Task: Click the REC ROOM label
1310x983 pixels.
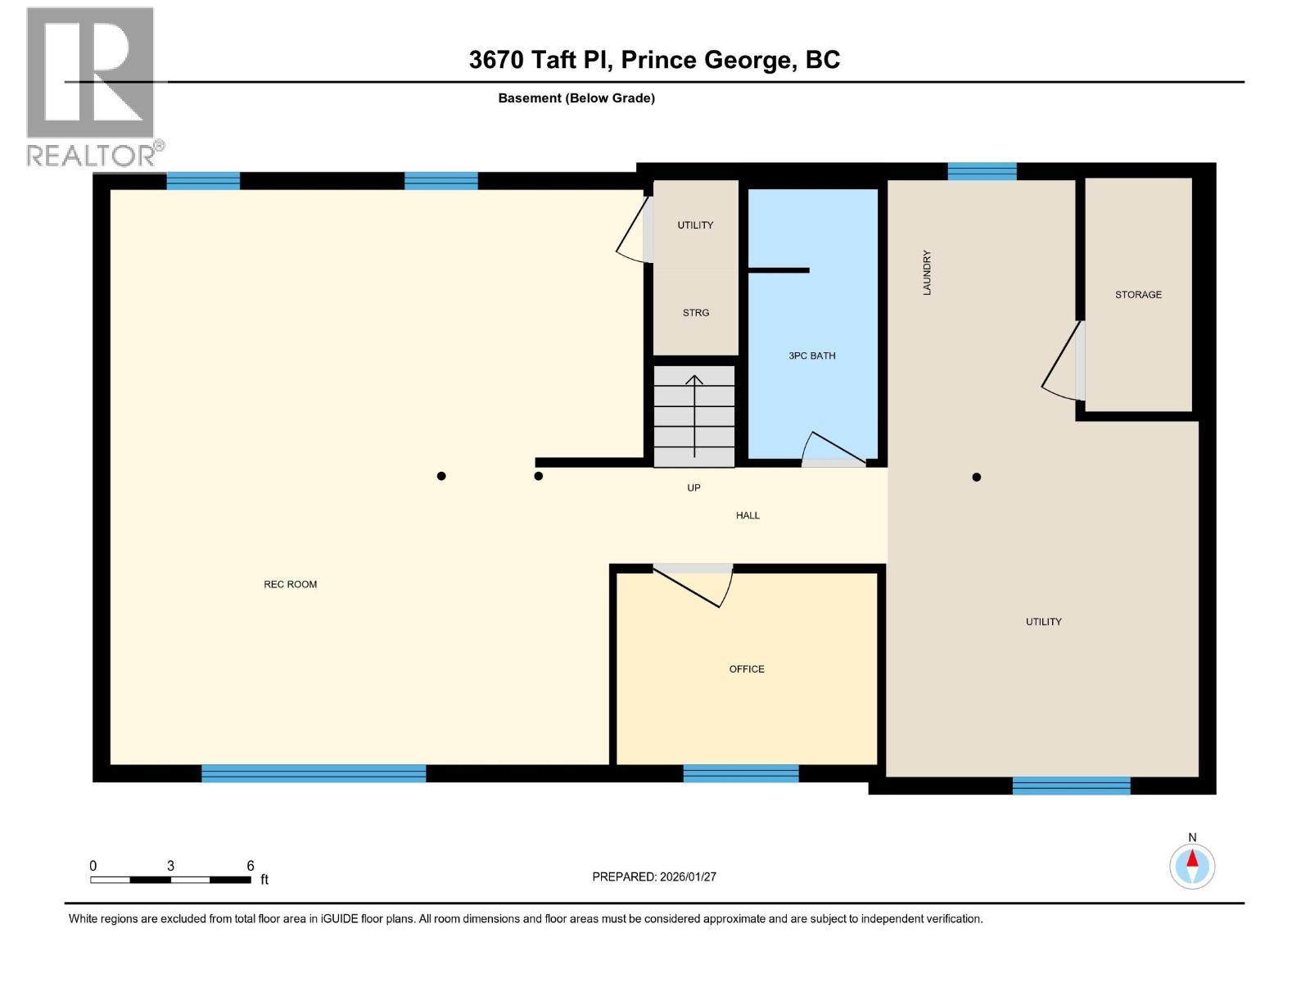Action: pos(290,584)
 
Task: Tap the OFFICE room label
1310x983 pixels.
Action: pos(747,669)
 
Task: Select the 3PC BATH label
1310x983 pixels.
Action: pos(811,356)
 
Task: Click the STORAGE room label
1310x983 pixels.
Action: pos(1138,294)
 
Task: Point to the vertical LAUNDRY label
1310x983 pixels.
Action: pos(927,273)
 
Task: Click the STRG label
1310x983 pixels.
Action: pos(695,312)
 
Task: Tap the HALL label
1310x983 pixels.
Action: pos(747,515)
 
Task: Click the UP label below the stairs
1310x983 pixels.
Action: pos(693,487)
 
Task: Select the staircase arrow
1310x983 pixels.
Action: pos(694,414)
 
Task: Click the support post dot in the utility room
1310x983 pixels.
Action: pos(976,477)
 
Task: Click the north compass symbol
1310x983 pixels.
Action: pos(1192,865)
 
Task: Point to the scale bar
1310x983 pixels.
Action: pos(170,880)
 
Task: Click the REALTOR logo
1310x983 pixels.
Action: pos(91,86)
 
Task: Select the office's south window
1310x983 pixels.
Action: pos(740,773)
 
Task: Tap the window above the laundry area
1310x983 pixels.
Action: pos(982,171)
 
